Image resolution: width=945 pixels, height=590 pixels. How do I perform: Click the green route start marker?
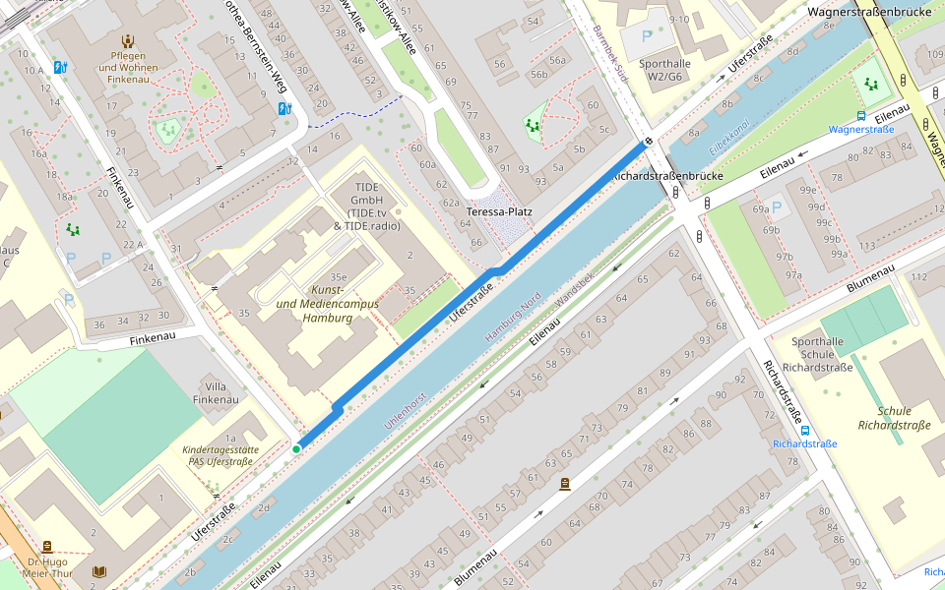click(296, 449)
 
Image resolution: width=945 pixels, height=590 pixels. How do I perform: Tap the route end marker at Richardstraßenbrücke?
click(648, 141)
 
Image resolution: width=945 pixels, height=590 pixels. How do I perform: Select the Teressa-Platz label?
click(499, 211)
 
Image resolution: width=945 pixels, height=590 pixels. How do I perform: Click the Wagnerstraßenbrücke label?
click(869, 12)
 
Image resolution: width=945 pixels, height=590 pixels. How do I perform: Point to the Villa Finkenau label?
click(216, 392)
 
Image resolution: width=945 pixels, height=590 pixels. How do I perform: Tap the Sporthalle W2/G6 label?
click(664, 70)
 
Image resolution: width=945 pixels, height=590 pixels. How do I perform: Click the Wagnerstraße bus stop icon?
click(861, 114)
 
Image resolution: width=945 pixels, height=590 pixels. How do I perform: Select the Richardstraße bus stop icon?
click(805, 429)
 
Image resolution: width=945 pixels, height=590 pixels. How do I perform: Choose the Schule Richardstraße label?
click(894, 418)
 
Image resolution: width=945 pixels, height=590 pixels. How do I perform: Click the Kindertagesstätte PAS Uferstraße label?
click(220, 455)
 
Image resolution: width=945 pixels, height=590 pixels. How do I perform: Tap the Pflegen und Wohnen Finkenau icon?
click(127, 40)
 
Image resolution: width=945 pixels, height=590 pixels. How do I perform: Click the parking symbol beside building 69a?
click(778, 207)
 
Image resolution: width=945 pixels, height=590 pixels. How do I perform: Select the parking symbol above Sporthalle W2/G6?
click(646, 35)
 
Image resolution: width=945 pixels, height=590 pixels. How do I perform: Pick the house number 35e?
click(339, 277)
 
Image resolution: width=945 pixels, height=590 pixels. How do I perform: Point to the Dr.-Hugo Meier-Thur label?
click(46, 568)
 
